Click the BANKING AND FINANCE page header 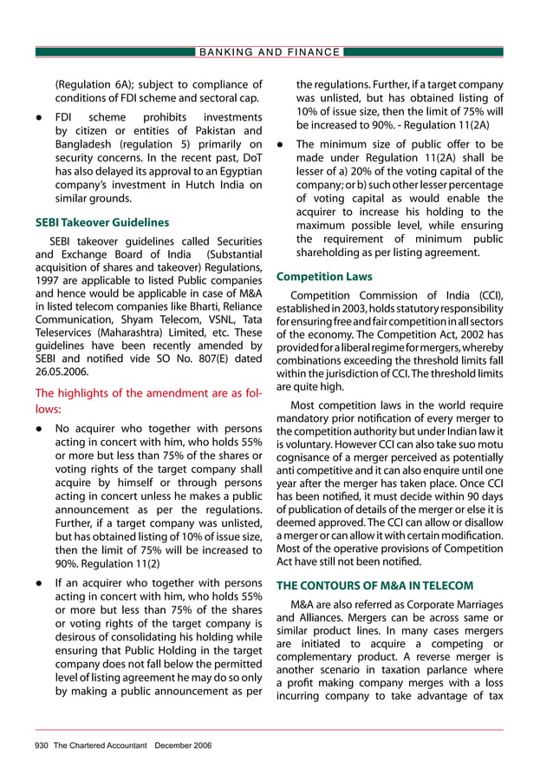(x=270, y=52)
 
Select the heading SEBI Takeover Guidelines (x=101, y=222)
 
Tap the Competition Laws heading (x=323, y=277)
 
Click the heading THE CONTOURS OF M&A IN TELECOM (x=374, y=585)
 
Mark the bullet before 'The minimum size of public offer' (x=281, y=145)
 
